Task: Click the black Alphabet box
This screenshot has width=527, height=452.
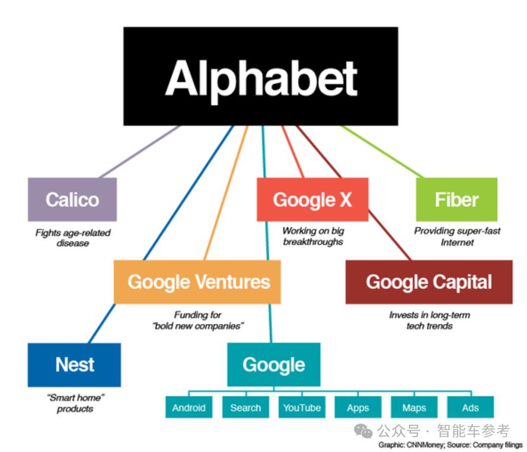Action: point(261,77)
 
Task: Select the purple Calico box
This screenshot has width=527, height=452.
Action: point(72,199)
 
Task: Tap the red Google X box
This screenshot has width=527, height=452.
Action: point(312,199)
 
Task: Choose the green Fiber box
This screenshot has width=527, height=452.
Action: point(457,199)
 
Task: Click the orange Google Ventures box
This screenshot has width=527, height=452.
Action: point(197,282)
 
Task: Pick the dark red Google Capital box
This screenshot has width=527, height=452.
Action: point(429,282)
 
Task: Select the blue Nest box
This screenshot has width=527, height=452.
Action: point(74,365)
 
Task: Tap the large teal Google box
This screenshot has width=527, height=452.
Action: point(274,365)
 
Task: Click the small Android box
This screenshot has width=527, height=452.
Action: point(189,408)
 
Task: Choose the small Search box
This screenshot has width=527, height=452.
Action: point(245,408)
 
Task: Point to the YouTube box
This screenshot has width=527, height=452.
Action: point(302,408)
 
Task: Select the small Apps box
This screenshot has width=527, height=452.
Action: point(358,408)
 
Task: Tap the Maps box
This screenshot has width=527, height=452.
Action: point(414,408)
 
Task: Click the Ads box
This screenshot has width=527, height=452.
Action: point(471,408)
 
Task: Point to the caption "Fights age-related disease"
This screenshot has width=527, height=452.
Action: point(73,238)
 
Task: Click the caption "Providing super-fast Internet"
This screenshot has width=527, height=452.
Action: point(457,237)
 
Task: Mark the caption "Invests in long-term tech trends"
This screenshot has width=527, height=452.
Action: point(430,320)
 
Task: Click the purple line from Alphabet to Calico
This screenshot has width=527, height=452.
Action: point(140,152)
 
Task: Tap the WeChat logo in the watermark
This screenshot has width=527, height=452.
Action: point(363,431)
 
